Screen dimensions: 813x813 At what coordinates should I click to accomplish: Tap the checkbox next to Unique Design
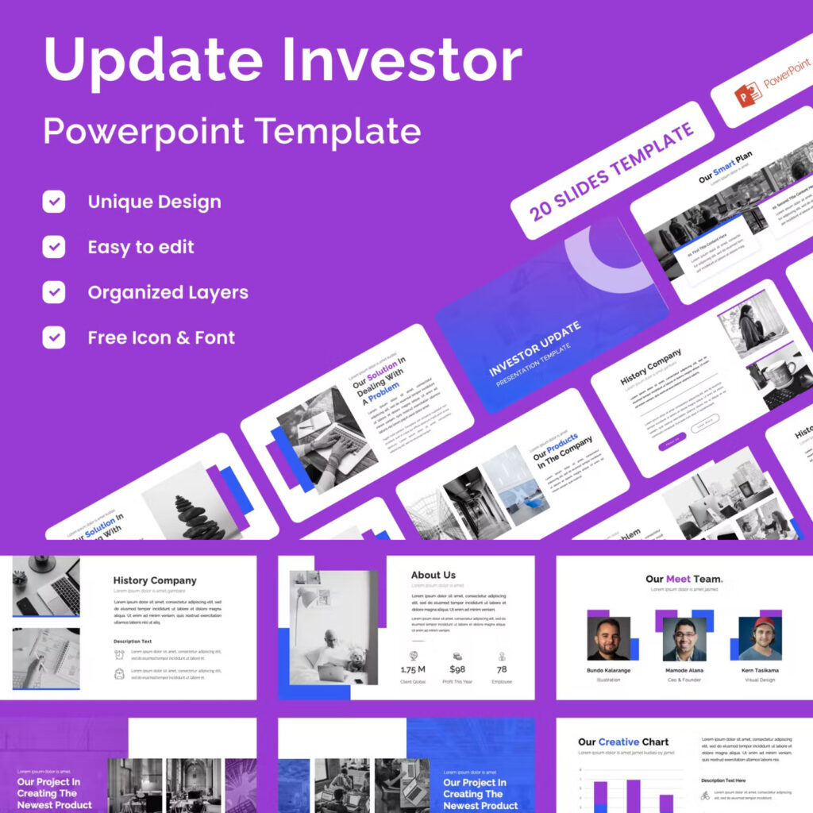point(54,202)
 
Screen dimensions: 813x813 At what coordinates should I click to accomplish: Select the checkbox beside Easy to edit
point(54,247)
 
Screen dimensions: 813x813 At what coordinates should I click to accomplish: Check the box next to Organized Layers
point(54,292)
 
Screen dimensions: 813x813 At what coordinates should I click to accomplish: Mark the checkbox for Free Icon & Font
point(54,337)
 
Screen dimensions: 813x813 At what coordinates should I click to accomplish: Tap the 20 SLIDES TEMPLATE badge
point(611,171)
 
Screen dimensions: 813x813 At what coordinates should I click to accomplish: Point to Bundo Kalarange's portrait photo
point(608,638)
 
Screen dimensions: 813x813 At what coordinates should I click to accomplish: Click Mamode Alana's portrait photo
point(684,638)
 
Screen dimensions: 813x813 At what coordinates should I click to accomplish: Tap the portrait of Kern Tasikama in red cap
point(760,638)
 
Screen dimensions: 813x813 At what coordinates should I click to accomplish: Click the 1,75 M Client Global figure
point(412,669)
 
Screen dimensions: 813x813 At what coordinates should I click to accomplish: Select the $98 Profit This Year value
point(457,669)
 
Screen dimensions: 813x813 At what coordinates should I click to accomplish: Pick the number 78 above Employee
point(502,669)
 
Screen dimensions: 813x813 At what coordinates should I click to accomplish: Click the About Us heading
point(433,575)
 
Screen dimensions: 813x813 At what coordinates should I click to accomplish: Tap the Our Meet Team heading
point(684,579)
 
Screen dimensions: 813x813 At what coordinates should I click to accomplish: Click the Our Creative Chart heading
point(623,742)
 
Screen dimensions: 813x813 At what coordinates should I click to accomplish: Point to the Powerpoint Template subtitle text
point(232,129)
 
